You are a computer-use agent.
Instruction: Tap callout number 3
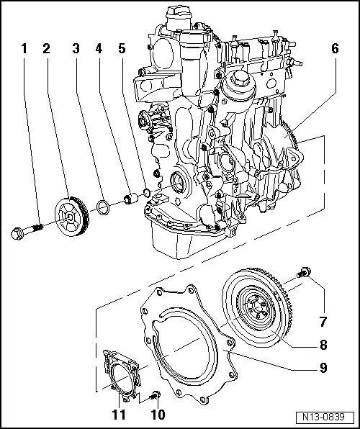75,49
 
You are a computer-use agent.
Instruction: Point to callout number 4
98,49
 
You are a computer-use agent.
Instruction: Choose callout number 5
122,49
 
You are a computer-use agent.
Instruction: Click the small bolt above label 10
156,395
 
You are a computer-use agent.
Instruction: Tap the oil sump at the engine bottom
173,241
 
